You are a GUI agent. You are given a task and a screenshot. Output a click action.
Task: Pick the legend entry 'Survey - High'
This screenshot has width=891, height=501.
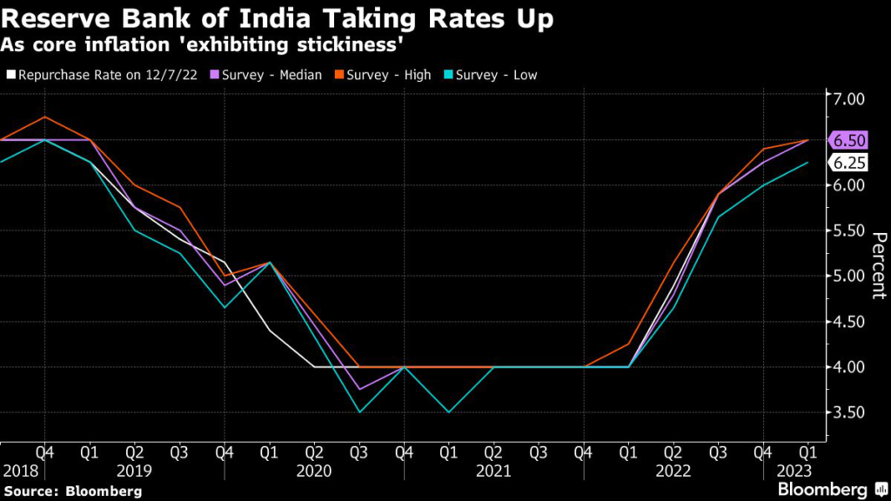pos(388,75)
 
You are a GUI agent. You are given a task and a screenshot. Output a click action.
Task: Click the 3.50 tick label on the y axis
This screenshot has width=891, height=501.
pos(849,412)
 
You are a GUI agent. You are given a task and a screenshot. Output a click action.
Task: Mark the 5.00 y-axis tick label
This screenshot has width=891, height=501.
pos(849,277)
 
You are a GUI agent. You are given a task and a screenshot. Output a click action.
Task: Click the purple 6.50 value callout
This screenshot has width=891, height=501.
pos(849,140)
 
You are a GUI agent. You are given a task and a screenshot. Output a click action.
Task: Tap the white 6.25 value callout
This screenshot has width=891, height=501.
pos(849,163)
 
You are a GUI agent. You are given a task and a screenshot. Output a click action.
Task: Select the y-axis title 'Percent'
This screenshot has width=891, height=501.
pos(878,265)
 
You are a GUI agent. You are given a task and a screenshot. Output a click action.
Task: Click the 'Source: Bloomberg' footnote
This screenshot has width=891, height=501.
pos(72,491)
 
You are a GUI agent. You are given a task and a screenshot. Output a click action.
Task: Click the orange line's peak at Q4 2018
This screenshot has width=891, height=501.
pos(45,117)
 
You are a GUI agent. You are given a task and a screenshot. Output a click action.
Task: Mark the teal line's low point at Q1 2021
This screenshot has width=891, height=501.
pos(448,412)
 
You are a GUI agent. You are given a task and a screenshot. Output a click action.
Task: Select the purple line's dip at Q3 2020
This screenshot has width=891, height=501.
pos(359,390)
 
